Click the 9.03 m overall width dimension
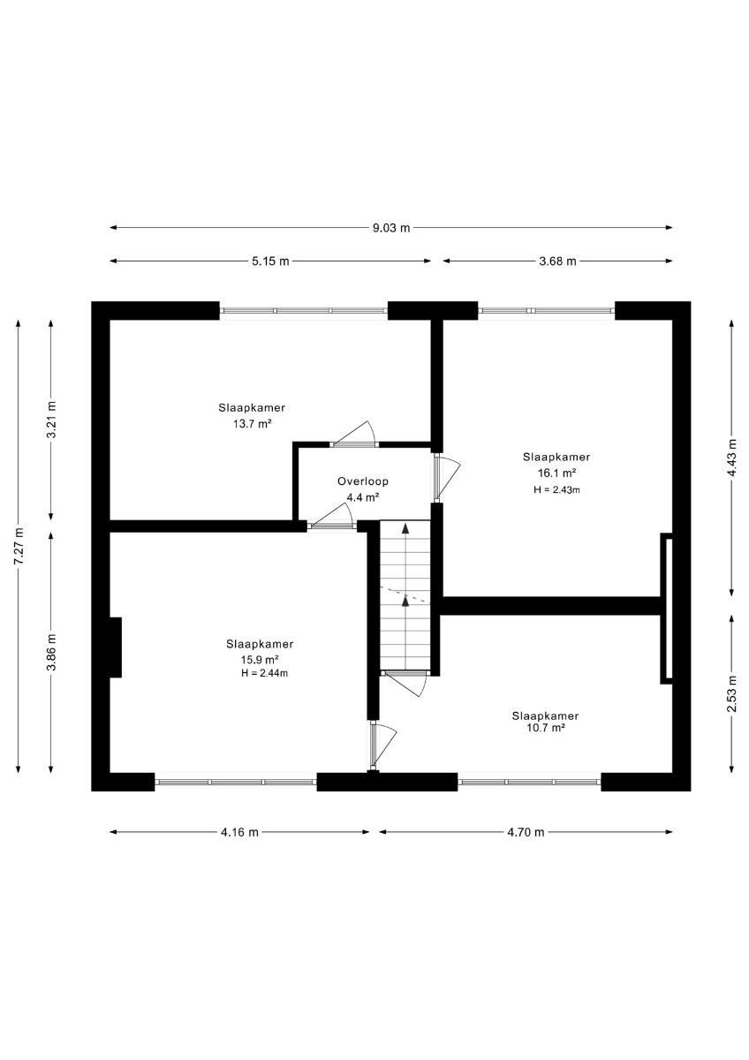click(391, 228)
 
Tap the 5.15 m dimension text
click(270, 261)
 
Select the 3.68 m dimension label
click(558, 261)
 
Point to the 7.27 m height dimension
click(19, 546)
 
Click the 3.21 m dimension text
click(51, 420)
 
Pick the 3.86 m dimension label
click(51, 652)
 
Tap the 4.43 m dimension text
click(732, 458)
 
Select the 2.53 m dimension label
click(732, 693)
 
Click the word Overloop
click(363, 481)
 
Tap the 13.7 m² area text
click(252, 423)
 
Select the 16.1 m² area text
click(556, 473)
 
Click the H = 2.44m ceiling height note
click(264, 673)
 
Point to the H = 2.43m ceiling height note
click(556, 489)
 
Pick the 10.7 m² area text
click(546, 728)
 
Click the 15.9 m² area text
click(260, 659)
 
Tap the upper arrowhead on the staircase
click(405, 528)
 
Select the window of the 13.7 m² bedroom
click(304, 311)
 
